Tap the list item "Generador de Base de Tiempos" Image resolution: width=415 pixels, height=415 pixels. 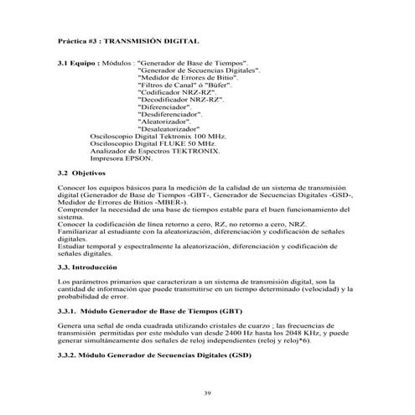[191, 64]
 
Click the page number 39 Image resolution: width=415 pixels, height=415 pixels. [207, 392]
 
